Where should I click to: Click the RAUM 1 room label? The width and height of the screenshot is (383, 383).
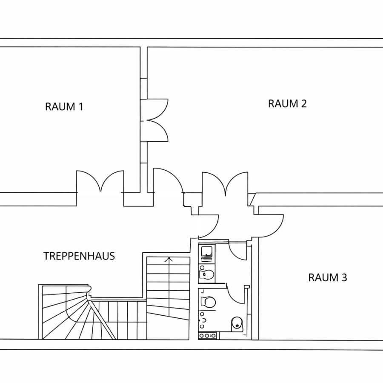pyautogui.click(x=64, y=107)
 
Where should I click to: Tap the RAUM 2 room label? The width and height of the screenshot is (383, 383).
pyautogui.click(x=287, y=103)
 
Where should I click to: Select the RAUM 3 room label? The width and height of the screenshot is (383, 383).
pyautogui.click(x=328, y=278)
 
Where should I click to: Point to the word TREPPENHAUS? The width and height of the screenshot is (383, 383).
pyautogui.click(x=79, y=256)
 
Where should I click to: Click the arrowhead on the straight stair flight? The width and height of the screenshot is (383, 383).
pyautogui.click(x=169, y=259)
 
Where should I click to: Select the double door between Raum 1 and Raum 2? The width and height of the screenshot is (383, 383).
pyautogui.click(x=154, y=120)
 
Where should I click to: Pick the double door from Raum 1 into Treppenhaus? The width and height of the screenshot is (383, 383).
pyautogui.click(x=100, y=181)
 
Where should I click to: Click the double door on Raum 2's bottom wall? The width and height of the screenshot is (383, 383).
pyautogui.click(x=225, y=183)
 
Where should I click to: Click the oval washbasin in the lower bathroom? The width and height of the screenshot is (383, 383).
pyautogui.click(x=237, y=323)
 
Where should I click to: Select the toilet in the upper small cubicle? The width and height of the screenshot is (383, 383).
pyautogui.click(x=207, y=274)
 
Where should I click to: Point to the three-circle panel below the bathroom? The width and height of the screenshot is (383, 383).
pyautogui.click(x=207, y=336)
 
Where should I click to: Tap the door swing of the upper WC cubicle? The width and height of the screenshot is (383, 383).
pyautogui.click(x=237, y=250)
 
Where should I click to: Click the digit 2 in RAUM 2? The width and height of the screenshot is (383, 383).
pyautogui.click(x=303, y=103)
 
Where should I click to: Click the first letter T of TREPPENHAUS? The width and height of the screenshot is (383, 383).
pyautogui.click(x=46, y=256)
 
